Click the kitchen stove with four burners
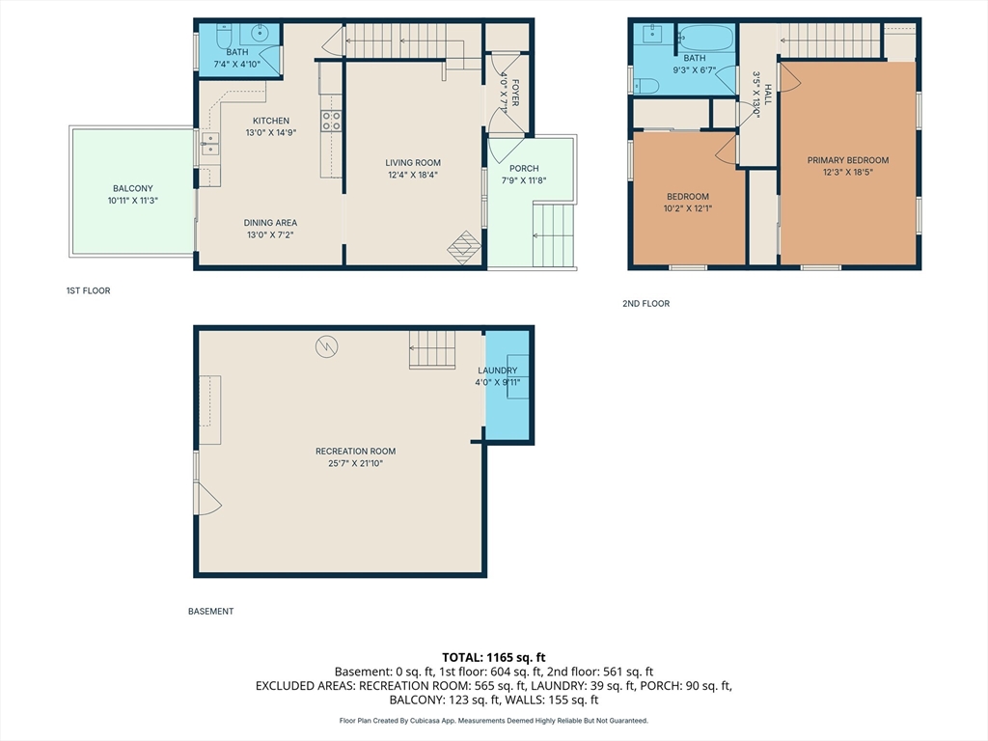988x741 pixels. (x=332, y=121)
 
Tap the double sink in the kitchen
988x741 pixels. (x=210, y=144)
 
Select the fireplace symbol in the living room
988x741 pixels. (x=464, y=247)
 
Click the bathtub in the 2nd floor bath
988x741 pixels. (x=707, y=38)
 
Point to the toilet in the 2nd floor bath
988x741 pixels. (x=645, y=85)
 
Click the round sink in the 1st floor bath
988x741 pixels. (x=260, y=33)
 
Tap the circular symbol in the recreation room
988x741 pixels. (x=326, y=346)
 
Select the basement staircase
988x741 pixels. (x=432, y=349)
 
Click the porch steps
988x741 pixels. (x=554, y=235)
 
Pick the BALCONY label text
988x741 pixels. (x=133, y=188)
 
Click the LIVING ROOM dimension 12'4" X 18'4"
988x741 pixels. (x=413, y=175)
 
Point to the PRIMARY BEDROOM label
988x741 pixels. (x=848, y=160)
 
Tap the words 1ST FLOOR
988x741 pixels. (x=88, y=290)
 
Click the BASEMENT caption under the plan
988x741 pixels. (x=211, y=611)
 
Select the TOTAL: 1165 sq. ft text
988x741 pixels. (x=493, y=658)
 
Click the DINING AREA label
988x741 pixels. (x=270, y=223)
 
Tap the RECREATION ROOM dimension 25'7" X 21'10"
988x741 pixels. (x=355, y=463)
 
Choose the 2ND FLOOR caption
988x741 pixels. (x=645, y=303)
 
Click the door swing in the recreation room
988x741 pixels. (x=209, y=499)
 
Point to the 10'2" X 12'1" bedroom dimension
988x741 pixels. (x=687, y=208)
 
